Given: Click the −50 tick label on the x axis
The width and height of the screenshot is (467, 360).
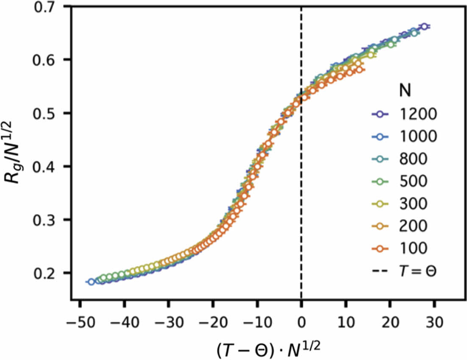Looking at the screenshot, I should pos(80,323).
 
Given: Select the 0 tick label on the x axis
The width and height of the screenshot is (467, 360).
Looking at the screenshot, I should pos(301,323).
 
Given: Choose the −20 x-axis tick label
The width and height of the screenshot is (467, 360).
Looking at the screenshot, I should pos(213,323).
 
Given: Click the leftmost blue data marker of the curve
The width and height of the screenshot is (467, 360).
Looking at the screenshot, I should pos(91,282).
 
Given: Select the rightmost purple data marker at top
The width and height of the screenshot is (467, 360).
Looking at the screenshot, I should pos(424,27).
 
